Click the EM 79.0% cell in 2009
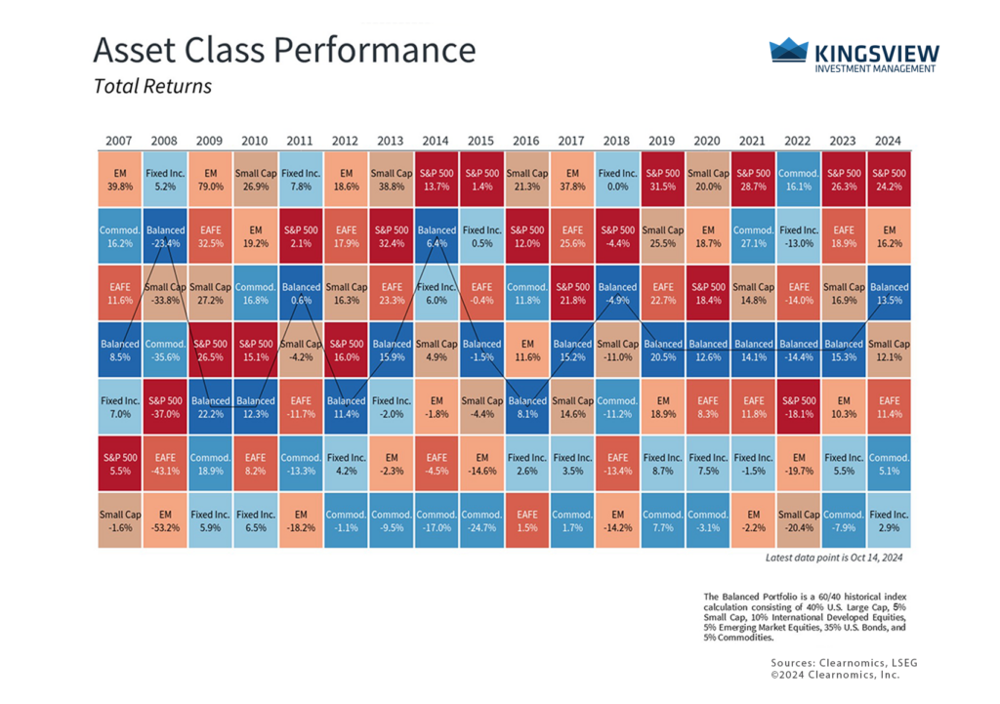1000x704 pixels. (210, 179)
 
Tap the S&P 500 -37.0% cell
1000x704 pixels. (165, 406)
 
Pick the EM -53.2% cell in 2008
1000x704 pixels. (165, 520)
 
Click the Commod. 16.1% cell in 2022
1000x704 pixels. (798, 179)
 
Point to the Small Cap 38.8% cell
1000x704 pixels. (391, 179)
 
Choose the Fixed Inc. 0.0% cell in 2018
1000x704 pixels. (616, 179)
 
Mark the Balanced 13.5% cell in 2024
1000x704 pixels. (889, 293)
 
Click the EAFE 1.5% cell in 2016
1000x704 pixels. (526, 520)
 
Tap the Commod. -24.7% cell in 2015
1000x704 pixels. (481, 520)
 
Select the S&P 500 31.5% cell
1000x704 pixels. (662, 179)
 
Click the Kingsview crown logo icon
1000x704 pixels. (789, 50)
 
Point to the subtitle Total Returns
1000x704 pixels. (152, 86)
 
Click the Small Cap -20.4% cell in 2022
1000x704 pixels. (798, 520)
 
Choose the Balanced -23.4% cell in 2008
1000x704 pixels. (165, 236)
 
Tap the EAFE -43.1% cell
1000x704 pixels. (165, 464)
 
